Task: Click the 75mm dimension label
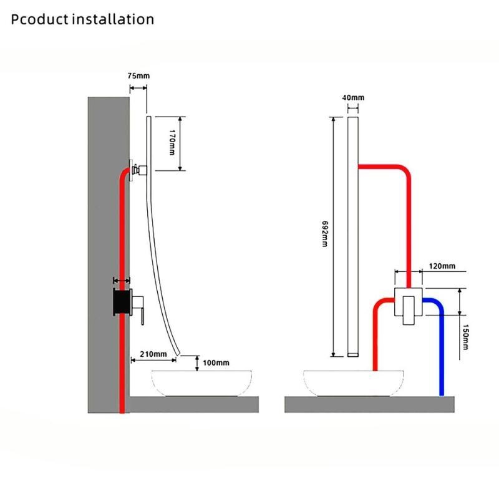(x=138, y=75)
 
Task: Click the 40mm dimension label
(x=353, y=97)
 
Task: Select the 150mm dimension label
(x=466, y=336)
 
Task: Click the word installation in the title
(x=113, y=19)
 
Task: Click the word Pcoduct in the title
(x=40, y=19)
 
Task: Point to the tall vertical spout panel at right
(x=353, y=237)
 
